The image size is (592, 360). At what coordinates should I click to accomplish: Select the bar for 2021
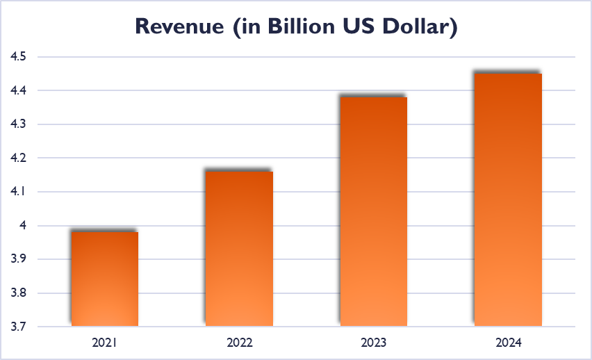tap(105, 279)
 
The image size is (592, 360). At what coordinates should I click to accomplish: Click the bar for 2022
tap(239, 248)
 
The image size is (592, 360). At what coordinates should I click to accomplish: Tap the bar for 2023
tap(373, 211)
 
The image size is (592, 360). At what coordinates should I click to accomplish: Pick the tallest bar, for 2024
tap(508, 199)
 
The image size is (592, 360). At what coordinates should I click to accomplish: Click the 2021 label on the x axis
tap(105, 343)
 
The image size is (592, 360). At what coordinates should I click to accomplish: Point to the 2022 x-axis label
tap(239, 343)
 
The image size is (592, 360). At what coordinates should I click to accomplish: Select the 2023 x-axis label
tap(373, 343)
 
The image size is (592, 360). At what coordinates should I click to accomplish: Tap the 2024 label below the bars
tap(508, 343)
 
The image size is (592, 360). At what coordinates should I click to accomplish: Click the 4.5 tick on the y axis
tap(18, 57)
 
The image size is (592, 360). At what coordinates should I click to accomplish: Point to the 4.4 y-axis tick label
tap(18, 90)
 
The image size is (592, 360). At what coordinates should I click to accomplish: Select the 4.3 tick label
tap(18, 124)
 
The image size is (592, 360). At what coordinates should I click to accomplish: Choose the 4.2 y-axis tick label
tap(18, 158)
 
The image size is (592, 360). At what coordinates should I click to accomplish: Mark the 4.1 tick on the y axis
tap(18, 192)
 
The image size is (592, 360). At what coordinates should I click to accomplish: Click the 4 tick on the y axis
tap(22, 225)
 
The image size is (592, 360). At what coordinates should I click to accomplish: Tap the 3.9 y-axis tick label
tap(18, 259)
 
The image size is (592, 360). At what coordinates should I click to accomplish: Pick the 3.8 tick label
tap(18, 293)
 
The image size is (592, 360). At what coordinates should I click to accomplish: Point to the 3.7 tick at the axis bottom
tap(18, 327)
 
